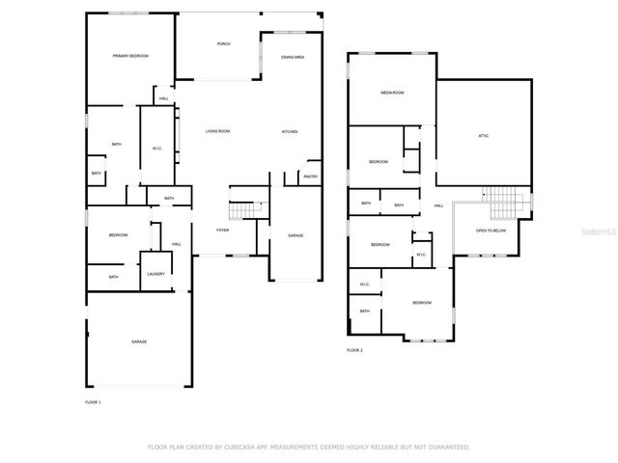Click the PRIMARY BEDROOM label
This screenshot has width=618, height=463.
point(130,57)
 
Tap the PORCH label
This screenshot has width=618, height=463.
point(223,43)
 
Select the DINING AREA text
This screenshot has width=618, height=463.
point(293,58)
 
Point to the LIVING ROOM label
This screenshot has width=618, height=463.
point(217,131)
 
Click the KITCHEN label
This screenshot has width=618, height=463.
point(290,131)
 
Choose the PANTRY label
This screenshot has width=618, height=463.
point(310,177)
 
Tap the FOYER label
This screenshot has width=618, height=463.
point(222,230)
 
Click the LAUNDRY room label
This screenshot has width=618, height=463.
point(155,273)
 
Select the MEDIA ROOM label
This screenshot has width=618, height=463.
point(391,93)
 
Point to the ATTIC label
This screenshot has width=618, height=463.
point(483,135)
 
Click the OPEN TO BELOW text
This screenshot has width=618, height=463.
point(492,231)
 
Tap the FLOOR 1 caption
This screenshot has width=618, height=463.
point(93,400)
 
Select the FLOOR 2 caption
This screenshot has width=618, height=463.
point(354,349)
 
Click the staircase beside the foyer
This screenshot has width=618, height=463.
point(246,210)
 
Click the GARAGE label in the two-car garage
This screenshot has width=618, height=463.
point(139,341)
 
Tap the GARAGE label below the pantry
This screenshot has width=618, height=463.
point(295,234)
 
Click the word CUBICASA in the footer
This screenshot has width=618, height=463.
point(241,447)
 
